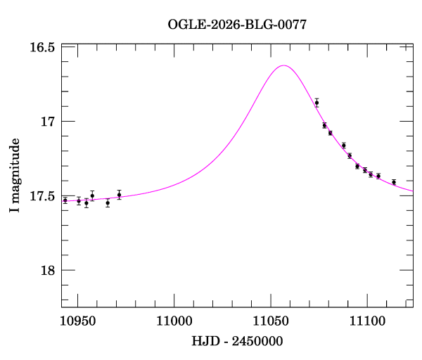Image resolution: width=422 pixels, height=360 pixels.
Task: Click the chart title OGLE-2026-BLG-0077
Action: coord(237,25)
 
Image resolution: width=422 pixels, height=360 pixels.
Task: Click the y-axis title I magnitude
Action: coord(14,176)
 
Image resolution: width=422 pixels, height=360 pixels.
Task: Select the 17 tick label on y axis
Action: coord(48,122)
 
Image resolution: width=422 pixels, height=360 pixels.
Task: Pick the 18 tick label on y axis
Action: coord(48,271)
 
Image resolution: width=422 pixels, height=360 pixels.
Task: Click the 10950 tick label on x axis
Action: coord(77,321)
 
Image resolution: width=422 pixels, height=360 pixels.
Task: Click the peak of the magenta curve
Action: coord(283,65)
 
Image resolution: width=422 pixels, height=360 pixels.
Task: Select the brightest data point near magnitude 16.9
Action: coord(316,103)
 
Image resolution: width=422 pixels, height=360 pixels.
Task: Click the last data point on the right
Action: coord(394,182)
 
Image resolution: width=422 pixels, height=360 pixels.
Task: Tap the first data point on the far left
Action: coord(65,200)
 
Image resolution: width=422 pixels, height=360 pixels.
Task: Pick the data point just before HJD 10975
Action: coord(119,195)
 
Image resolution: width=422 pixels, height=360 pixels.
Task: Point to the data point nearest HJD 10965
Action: coord(108,202)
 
